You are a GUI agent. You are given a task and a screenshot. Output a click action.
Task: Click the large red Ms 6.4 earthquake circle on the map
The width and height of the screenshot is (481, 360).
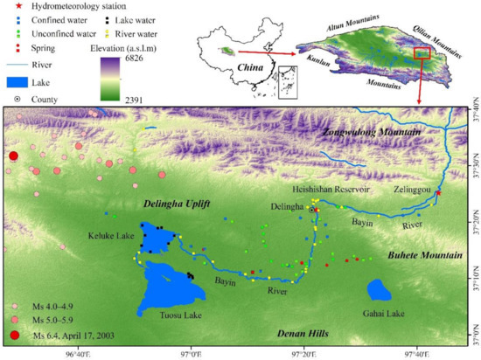(x=12, y=156)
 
